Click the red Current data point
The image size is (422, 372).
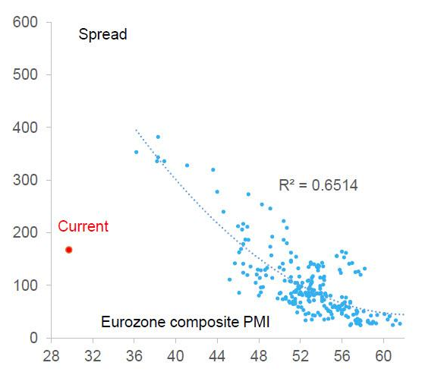click(x=69, y=250)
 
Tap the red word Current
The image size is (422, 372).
click(x=83, y=226)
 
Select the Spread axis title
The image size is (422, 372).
click(x=102, y=34)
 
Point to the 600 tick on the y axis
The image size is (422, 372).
click(x=26, y=23)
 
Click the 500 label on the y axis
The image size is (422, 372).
click(x=26, y=75)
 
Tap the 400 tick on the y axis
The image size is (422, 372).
click(x=26, y=128)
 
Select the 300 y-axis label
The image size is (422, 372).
click(x=26, y=180)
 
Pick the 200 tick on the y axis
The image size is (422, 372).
click(x=26, y=232)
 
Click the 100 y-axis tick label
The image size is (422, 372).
click(x=26, y=285)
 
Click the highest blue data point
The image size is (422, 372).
click(x=158, y=137)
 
